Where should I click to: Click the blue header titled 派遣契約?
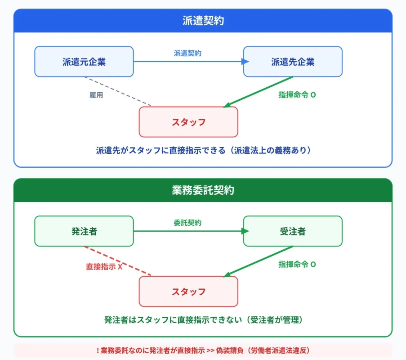(203, 21)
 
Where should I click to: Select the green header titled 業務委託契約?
(203, 190)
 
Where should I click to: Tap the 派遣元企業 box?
(84, 62)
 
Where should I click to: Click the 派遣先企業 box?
(293, 62)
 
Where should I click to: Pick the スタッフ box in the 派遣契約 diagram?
(188, 122)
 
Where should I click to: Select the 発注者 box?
(84, 231)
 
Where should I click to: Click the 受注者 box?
(293, 231)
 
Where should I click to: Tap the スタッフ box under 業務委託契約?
(188, 292)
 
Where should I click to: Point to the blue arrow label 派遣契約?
(187, 53)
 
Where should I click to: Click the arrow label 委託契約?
(187, 223)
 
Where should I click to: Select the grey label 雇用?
(96, 95)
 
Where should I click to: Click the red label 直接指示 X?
(104, 266)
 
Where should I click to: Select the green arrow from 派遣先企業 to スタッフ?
(259, 92)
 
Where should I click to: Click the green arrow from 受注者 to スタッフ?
(259, 262)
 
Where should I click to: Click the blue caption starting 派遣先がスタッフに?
(203, 150)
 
